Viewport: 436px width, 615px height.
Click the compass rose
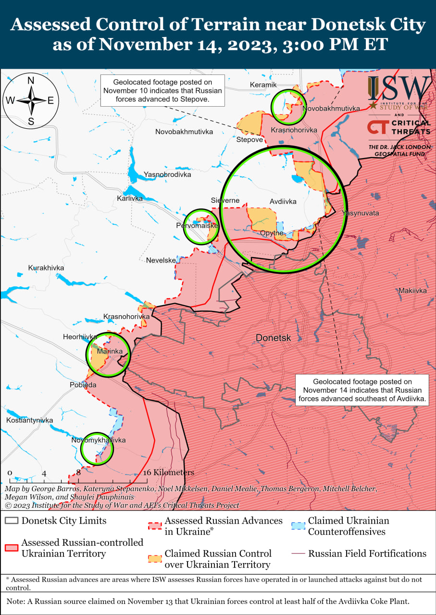[31, 101]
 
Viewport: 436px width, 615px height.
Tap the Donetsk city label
[273, 338]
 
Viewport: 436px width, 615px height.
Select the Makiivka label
[412, 291]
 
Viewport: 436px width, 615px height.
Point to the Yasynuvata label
[360, 213]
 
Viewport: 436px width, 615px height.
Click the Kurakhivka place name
[46, 268]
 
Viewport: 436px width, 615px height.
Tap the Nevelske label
[161, 260]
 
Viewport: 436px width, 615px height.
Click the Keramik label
[263, 85]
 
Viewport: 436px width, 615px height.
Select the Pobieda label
[82, 385]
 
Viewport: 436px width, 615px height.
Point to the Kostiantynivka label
[30, 420]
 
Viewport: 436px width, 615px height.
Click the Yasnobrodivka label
[167, 174]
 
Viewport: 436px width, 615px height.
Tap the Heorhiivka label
[80, 337]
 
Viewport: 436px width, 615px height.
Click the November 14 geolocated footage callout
[362, 390]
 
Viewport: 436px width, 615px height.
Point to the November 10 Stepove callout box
[162, 90]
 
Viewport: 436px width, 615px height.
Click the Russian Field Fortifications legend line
[299, 554]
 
